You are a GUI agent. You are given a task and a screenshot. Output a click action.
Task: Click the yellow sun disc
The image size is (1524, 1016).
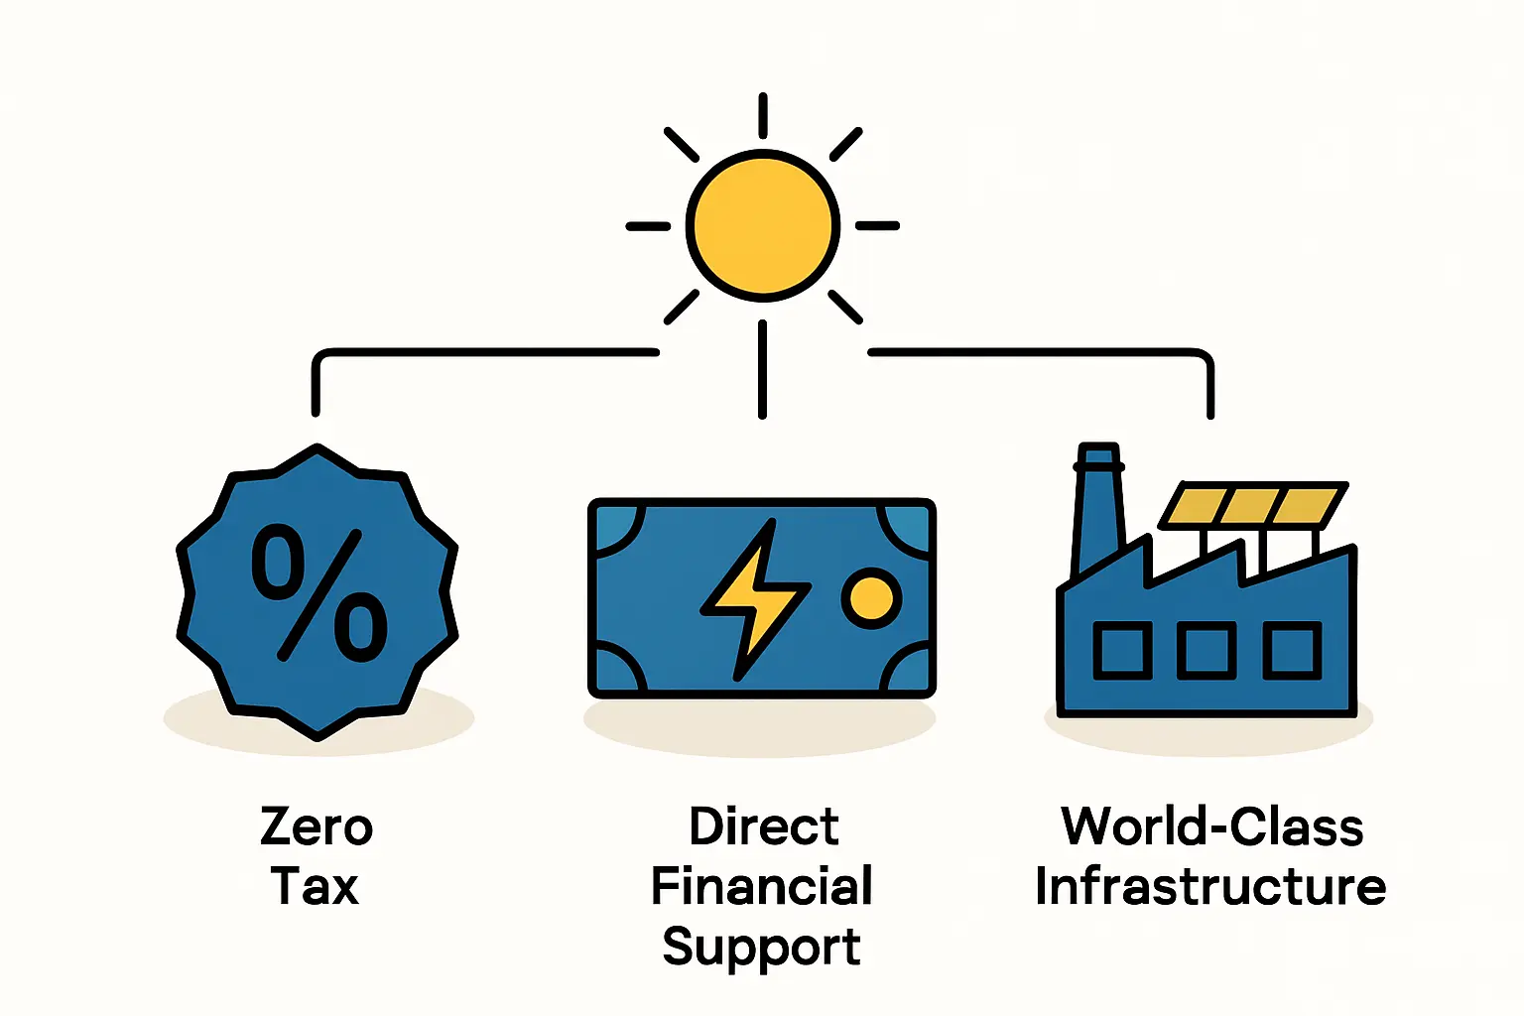pyautogui.click(x=762, y=225)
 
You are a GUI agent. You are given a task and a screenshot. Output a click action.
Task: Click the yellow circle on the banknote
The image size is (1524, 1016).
pyautogui.click(x=871, y=597)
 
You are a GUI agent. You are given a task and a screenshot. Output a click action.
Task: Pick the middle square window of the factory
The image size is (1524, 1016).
pyautogui.click(x=1206, y=651)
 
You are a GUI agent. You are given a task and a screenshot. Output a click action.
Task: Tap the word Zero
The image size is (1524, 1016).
pyautogui.click(x=317, y=826)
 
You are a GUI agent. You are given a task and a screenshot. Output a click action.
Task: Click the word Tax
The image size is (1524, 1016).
pyautogui.click(x=315, y=886)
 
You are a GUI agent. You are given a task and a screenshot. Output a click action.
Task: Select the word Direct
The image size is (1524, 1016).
pyautogui.click(x=763, y=826)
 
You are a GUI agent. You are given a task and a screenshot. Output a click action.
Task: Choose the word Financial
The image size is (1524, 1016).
pyautogui.click(x=761, y=886)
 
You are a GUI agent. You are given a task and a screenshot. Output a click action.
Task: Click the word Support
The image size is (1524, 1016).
pyautogui.click(x=761, y=947)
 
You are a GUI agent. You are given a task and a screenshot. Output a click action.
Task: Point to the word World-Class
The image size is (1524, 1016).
pyautogui.click(x=1211, y=826)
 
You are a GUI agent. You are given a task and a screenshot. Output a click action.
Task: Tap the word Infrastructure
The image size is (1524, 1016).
pyautogui.click(x=1210, y=886)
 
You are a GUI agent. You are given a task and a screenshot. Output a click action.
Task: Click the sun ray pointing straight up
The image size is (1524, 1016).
pyautogui.click(x=762, y=116)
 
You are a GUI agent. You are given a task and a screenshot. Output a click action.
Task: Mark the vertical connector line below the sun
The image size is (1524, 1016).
pyautogui.click(x=762, y=369)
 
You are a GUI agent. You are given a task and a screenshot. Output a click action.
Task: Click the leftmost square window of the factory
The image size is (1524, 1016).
pyautogui.click(x=1122, y=651)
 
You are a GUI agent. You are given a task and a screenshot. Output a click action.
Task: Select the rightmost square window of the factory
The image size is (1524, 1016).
pyautogui.click(x=1292, y=651)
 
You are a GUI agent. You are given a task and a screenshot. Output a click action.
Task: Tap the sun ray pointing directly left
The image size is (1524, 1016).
pyautogui.click(x=648, y=226)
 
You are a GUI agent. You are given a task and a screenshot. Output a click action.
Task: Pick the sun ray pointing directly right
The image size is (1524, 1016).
pyautogui.click(x=877, y=226)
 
